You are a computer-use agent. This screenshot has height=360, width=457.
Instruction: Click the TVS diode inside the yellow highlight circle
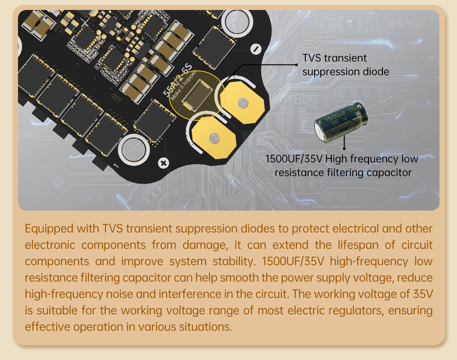[x=196, y=96]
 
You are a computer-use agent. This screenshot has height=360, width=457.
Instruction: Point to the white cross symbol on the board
[x=164, y=163]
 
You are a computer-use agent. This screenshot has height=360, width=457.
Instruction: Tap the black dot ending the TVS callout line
[x=296, y=65]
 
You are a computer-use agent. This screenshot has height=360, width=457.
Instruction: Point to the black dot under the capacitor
[x=344, y=149]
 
